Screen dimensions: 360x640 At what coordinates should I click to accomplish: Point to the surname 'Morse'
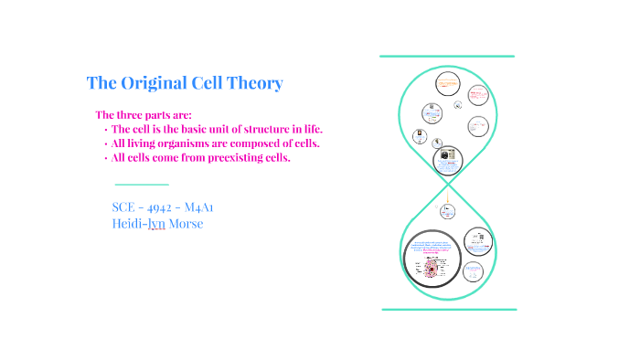point(185,224)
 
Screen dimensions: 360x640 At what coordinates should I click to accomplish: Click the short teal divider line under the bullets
point(142,185)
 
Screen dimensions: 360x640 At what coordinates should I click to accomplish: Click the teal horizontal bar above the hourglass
point(447,57)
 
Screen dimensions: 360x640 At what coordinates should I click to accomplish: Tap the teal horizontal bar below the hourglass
point(448,309)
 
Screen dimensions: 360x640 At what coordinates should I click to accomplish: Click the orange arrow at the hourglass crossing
point(448,196)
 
